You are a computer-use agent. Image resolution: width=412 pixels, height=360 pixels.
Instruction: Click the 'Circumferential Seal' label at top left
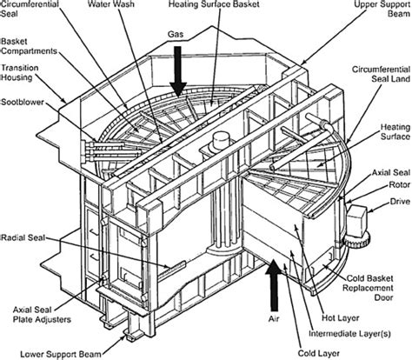31,10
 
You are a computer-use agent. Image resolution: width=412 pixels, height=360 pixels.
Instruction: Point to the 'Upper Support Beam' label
375,10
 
